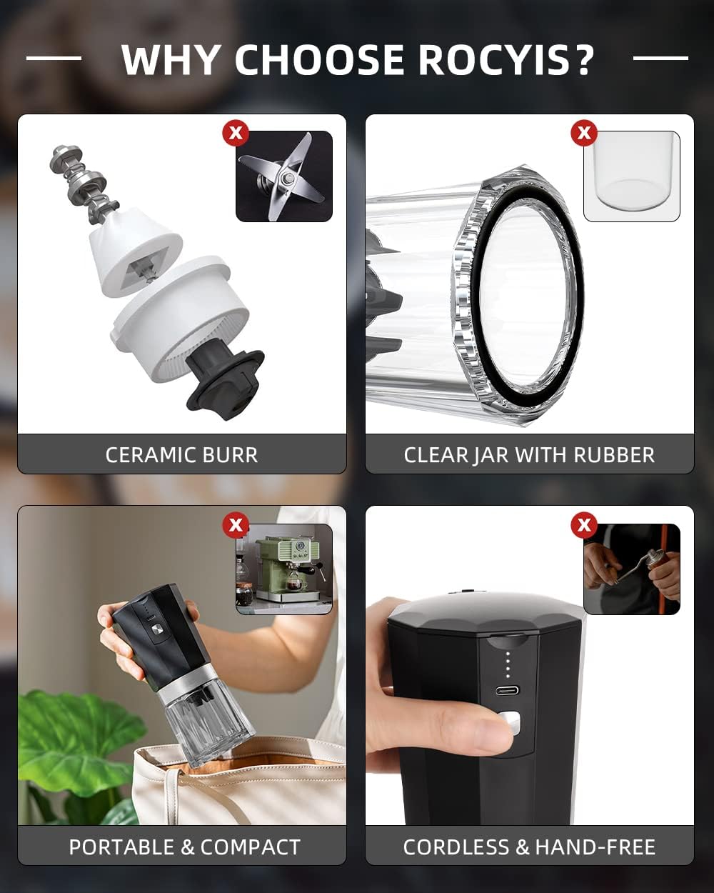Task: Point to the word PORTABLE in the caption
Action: (121, 847)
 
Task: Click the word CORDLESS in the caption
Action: (456, 847)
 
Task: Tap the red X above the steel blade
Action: (236, 133)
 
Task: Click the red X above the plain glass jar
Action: (584, 133)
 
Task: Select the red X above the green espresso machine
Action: (236, 525)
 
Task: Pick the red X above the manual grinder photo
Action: (584, 525)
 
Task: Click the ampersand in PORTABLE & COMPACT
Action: (187, 847)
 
